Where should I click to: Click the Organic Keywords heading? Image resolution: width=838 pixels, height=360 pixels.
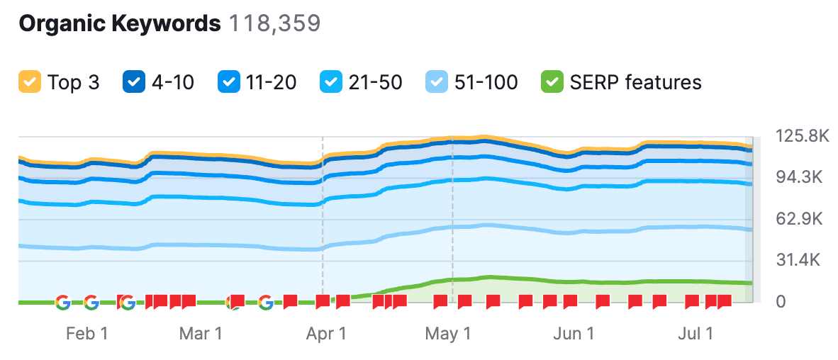tap(119, 23)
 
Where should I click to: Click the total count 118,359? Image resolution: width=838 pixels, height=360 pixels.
tap(274, 23)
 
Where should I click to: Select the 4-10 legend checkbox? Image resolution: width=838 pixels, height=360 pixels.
tap(133, 82)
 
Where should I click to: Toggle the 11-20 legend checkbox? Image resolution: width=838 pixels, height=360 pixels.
tap(228, 82)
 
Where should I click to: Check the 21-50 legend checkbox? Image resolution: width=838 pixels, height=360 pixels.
tap(330, 82)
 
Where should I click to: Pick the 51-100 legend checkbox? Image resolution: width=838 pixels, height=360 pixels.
tap(435, 82)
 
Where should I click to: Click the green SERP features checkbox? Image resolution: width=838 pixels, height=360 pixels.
tap(552, 82)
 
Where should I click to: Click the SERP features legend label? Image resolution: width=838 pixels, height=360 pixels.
tap(635, 82)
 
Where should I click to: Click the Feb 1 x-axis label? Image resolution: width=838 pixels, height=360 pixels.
tap(87, 333)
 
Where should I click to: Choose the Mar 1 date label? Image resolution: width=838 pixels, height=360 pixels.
tap(201, 333)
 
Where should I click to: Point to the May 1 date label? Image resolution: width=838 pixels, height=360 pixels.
tap(448, 333)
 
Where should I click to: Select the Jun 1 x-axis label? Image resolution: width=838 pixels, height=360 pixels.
tap(574, 333)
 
